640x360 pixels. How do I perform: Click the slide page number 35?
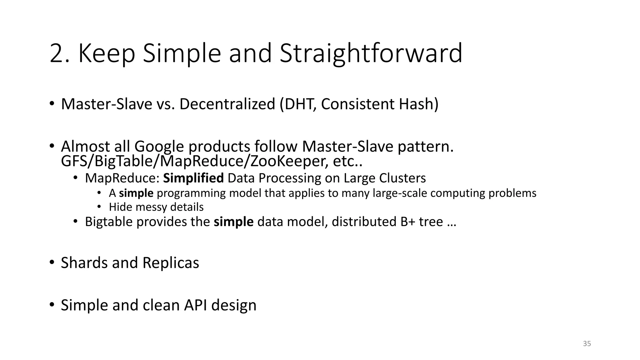(x=587, y=344)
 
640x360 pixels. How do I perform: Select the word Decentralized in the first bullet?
(x=227, y=104)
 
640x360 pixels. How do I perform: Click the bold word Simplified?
(x=193, y=178)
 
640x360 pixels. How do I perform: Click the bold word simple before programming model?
(x=136, y=193)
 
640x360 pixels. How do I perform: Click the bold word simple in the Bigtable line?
(x=233, y=222)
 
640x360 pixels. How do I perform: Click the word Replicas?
(x=171, y=263)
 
